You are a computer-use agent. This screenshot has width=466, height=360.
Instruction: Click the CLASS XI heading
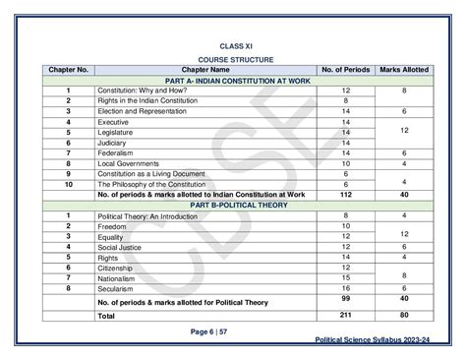pos(233,44)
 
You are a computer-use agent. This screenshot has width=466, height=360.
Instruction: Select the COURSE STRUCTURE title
pos(233,59)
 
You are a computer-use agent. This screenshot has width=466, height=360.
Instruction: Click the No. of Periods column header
pos(346,70)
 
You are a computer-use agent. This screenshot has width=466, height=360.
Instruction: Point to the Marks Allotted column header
pos(404,70)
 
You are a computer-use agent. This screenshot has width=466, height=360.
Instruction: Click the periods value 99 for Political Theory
pos(346,297)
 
